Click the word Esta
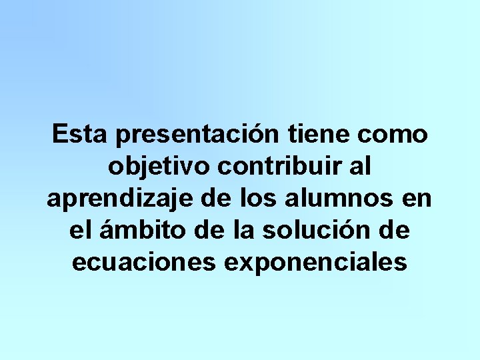pyautogui.click(x=79, y=134)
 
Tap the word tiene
pyautogui.click(x=319, y=134)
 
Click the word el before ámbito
pyautogui.click(x=80, y=230)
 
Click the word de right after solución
pyautogui.click(x=393, y=230)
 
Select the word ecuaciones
pyautogui.click(x=143, y=262)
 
